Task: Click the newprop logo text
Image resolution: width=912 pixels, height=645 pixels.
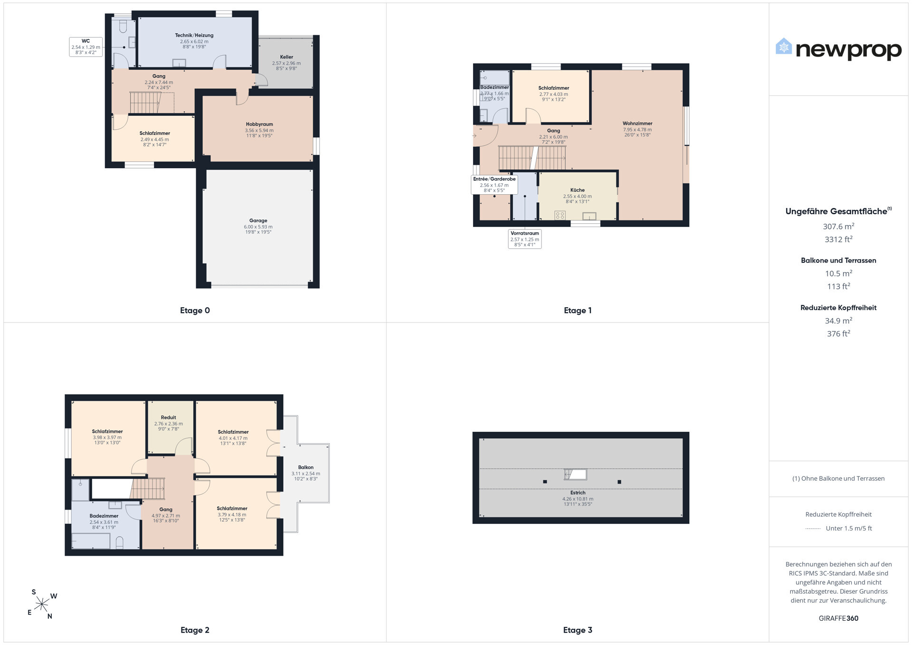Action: pyautogui.click(x=848, y=50)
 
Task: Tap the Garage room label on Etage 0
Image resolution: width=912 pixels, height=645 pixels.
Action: pyautogui.click(x=258, y=220)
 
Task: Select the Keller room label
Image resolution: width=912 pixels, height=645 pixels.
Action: pyautogui.click(x=286, y=57)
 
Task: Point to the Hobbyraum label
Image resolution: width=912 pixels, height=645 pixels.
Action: pyautogui.click(x=259, y=124)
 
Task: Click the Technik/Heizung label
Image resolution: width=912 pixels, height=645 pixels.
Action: pyautogui.click(x=194, y=35)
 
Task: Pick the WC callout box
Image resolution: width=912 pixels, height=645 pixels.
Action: pyautogui.click(x=86, y=47)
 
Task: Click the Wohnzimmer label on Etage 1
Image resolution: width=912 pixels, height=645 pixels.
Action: pyautogui.click(x=637, y=123)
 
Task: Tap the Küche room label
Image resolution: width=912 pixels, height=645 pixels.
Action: pyautogui.click(x=578, y=190)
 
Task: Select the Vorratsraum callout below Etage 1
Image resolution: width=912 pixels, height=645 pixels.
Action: pyautogui.click(x=525, y=239)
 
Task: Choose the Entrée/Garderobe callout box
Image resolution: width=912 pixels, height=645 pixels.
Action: pyautogui.click(x=494, y=184)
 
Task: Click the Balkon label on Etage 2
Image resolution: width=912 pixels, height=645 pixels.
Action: pyautogui.click(x=306, y=467)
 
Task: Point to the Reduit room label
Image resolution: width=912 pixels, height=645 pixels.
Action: pyautogui.click(x=169, y=417)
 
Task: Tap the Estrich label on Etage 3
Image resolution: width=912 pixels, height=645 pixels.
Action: pyautogui.click(x=578, y=493)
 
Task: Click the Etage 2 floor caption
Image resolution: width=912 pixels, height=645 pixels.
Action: pyautogui.click(x=195, y=630)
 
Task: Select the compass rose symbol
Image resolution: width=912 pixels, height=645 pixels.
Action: pyautogui.click(x=42, y=604)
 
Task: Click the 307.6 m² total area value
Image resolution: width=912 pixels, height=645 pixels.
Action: pyautogui.click(x=839, y=226)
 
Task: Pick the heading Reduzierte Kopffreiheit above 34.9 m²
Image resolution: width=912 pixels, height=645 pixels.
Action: pyautogui.click(x=838, y=308)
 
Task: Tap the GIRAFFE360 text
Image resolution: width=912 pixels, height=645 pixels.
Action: pyautogui.click(x=838, y=618)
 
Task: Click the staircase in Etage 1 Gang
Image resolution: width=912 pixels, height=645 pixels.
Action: pyautogui.click(x=532, y=158)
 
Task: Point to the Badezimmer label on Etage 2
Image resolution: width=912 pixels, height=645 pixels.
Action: pyautogui.click(x=104, y=516)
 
